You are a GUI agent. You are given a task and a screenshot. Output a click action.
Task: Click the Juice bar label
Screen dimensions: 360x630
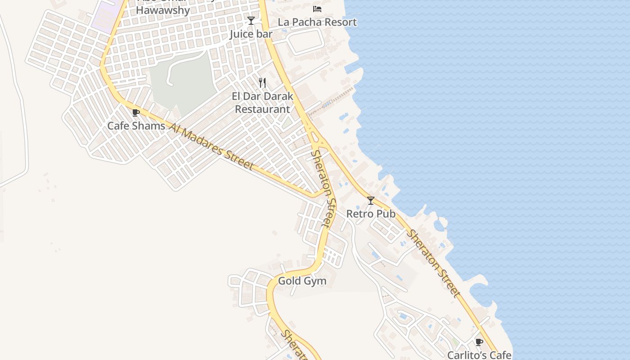tap(251, 34)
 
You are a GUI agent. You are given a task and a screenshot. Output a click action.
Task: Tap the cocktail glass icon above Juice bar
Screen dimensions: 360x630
tap(251, 21)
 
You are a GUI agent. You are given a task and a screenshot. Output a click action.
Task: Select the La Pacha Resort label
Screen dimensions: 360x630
tap(317, 22)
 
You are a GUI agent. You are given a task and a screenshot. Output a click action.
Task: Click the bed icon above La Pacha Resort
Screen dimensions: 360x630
tap(317, 9)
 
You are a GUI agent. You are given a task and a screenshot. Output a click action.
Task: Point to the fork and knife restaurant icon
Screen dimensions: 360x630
tap(262, 83)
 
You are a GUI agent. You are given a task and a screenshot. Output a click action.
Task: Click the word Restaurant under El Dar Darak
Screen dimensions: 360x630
tap(262, 109)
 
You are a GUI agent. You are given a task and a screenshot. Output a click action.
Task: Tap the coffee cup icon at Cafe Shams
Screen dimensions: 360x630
tap(136, 112)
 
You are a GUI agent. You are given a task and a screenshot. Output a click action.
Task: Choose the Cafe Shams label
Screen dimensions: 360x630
tap(136, 126)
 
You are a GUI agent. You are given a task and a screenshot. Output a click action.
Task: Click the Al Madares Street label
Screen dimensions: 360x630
tap(212, 146)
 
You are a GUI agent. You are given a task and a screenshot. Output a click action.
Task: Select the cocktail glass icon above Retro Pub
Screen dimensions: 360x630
tap(371, 200)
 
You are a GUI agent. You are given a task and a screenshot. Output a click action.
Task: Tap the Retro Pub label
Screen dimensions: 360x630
tap(371, 214)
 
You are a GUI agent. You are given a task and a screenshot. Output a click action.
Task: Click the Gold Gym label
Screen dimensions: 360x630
tap(302, 281)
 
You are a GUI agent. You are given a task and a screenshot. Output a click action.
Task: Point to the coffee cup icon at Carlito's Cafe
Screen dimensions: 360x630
tap(479, 342)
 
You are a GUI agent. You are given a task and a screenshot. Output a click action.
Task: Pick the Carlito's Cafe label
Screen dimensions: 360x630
tap(479, 355)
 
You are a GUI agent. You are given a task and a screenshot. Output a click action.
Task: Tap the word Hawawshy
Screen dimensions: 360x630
tap(163, 10)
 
